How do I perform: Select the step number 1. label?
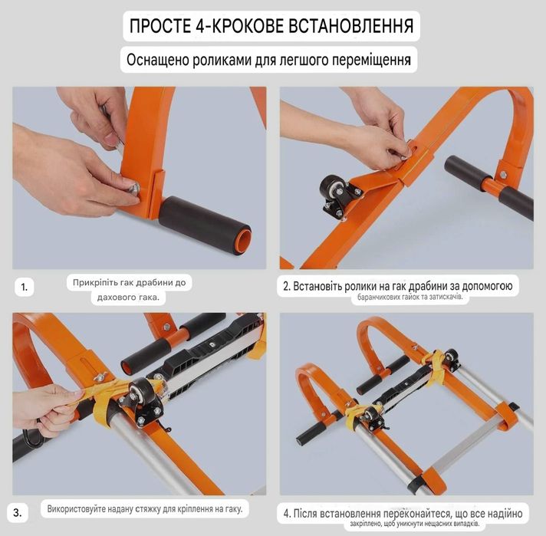pyautogui.click(x=24, y=288)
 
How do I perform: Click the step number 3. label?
pyautogui.click(x=18, y=513)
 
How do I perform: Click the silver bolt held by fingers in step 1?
pyautogui.click(x=133, y=189)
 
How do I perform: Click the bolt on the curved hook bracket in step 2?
pyautogui.click(x=503, y=175)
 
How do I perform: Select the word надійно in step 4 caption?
pyautogui.click(x=503, y=513)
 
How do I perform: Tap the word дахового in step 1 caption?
pyautogui.click(x=113, y=298)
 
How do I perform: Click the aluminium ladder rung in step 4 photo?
pyautogui.click(x=465, y=446)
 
